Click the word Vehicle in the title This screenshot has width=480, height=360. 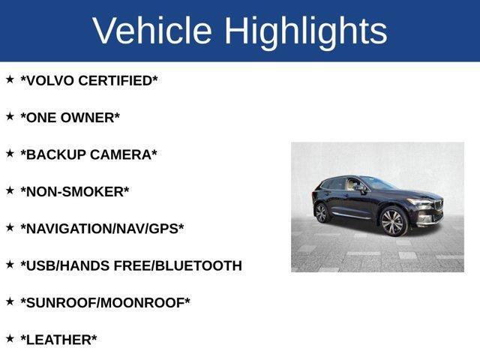click(152, 31)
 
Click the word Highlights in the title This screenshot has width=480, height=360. click(305, 31)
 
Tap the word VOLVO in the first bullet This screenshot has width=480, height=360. click(50, 80)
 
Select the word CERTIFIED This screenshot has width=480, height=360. click(120, 80)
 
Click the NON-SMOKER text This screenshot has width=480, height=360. click(75, 191)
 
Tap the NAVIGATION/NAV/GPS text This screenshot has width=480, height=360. click(102, 229)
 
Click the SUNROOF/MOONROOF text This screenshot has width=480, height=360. click(105, 302)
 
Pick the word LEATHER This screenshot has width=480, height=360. click(58, 340)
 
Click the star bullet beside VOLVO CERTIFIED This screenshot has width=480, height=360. click(10, 79)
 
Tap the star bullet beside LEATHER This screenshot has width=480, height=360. click(10, 338)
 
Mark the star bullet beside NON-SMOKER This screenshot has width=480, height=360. click(10, 190)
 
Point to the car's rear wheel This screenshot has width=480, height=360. click(322, 213)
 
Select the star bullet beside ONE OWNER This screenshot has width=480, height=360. click(10, 115)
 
